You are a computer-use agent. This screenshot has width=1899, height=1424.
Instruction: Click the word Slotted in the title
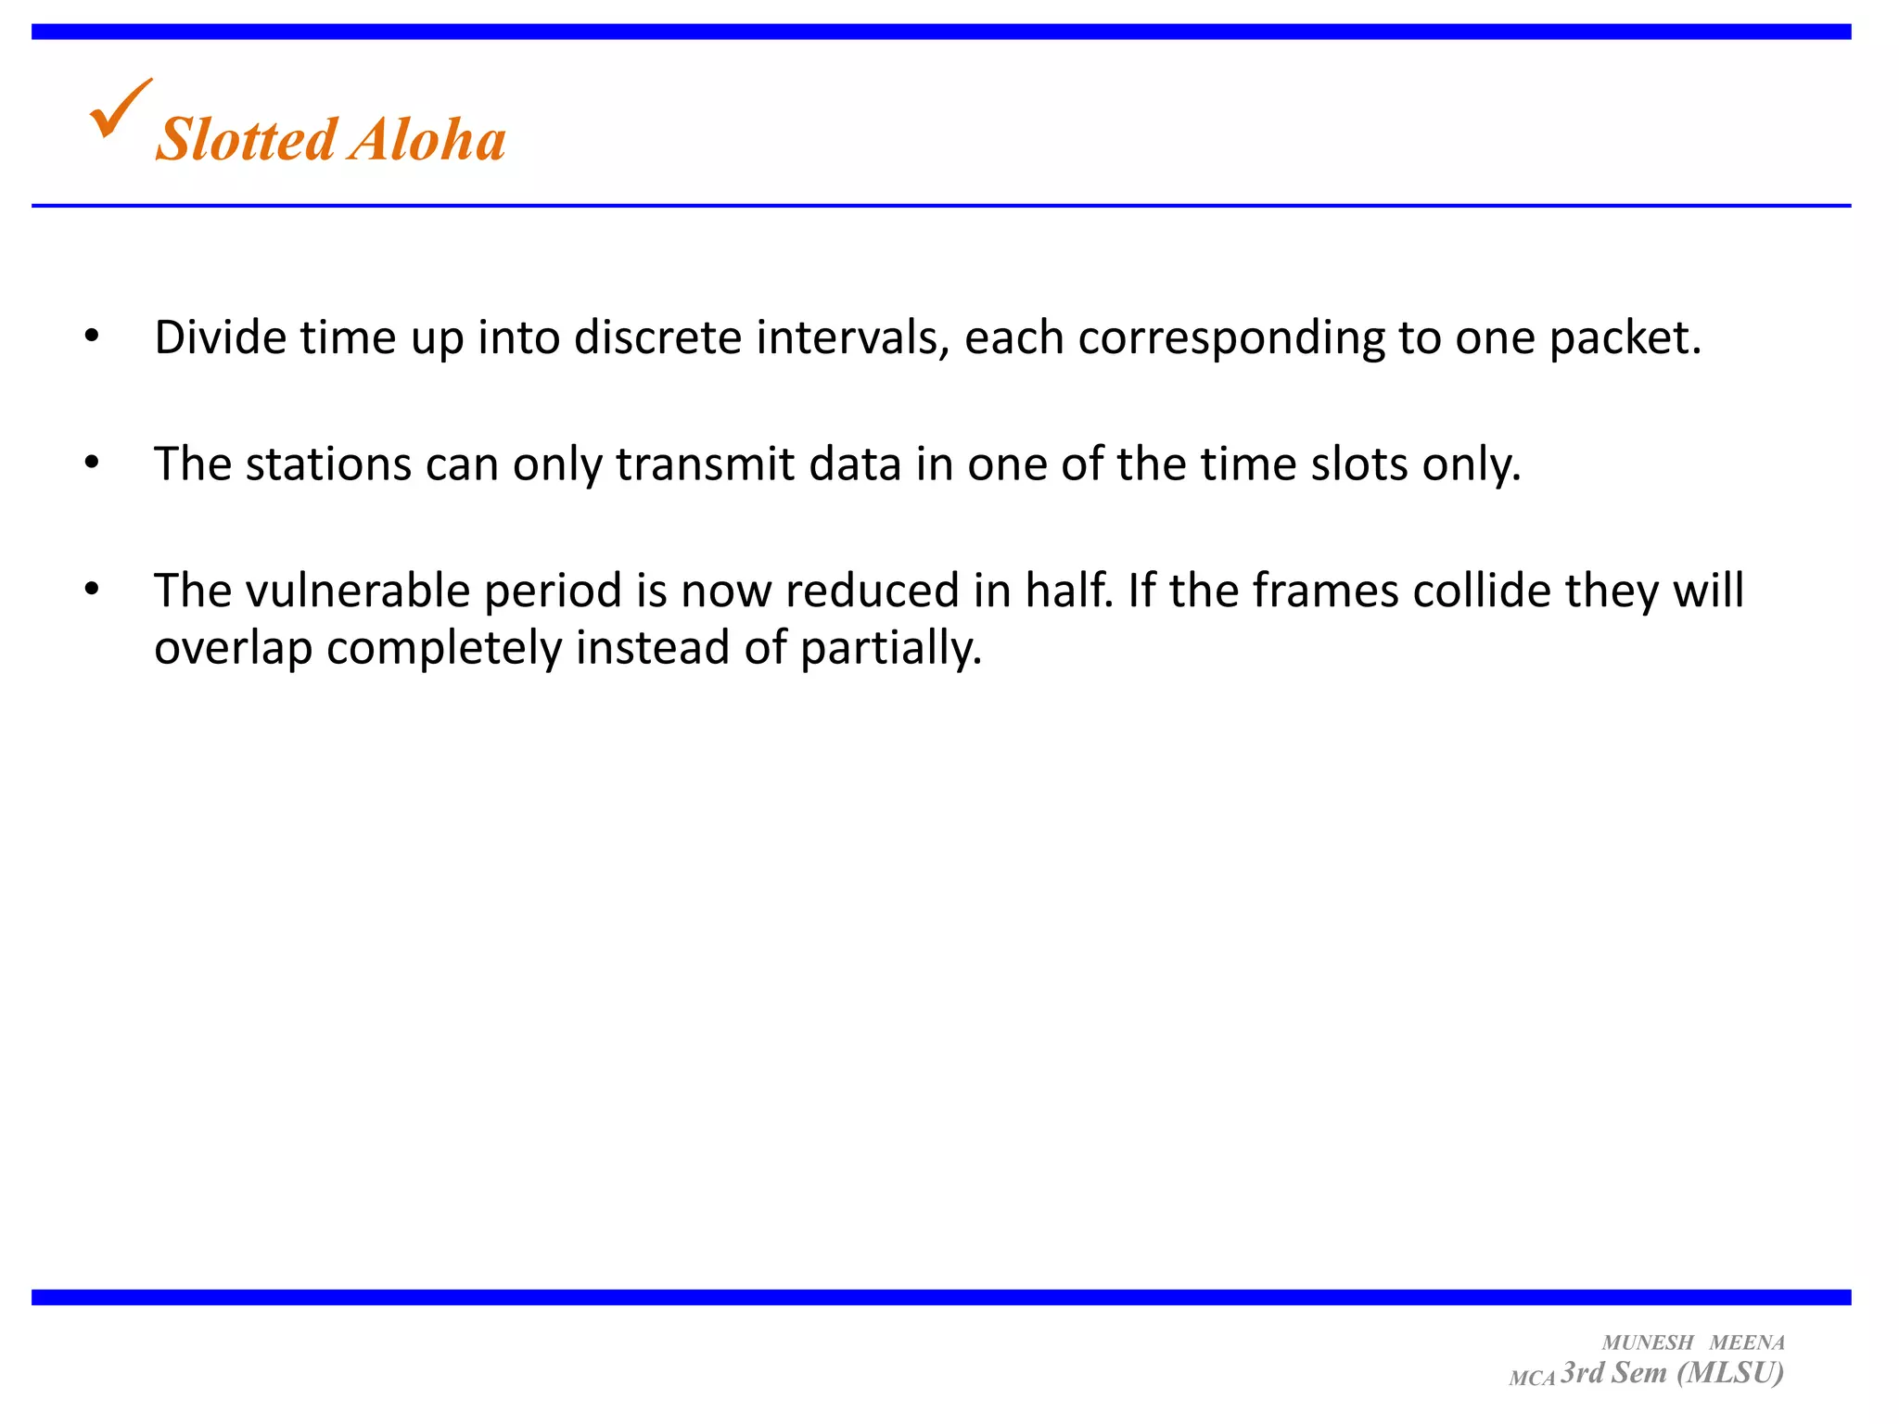click(x=246, y=140)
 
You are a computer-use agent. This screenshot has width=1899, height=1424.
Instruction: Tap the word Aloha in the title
click(x=427, y=140)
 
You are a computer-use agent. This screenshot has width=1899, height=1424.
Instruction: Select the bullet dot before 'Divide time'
click(x=90, y=337)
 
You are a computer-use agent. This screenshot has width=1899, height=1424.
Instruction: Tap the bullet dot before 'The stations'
click(x=90, y=463)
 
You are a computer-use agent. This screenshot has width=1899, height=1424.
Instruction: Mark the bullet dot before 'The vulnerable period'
click(x=90, y=589)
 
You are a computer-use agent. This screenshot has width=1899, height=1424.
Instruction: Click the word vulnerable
click(x=358, y=591)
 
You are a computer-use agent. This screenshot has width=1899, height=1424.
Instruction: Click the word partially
click(x=890, y=648)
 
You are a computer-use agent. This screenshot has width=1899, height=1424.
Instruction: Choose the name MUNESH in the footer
click(x=1648, y=1342)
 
